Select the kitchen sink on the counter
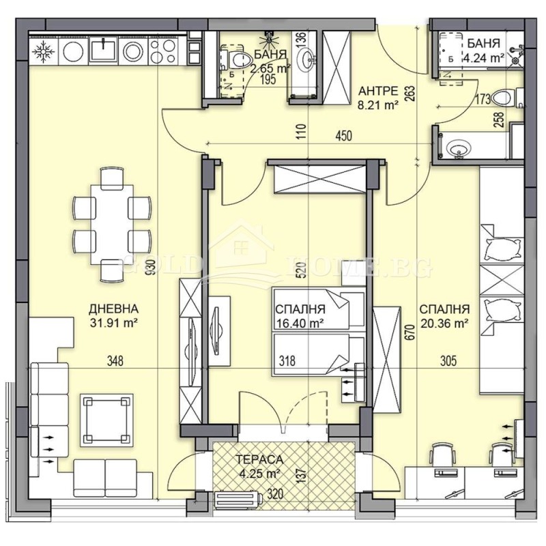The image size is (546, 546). click(x=104, y=49)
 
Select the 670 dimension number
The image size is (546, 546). click(x=409, y=332)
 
